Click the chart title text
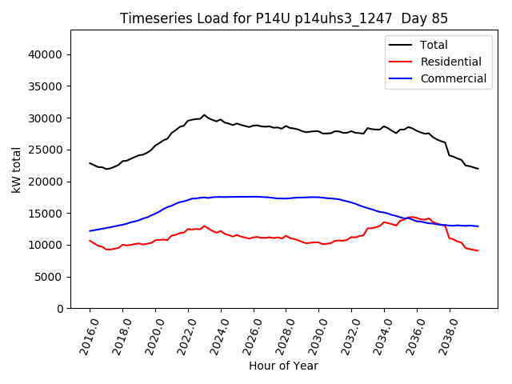tap(284, 18)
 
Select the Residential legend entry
tap(450, 62)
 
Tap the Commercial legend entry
tap(453, 78)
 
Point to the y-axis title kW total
tap(16, 170)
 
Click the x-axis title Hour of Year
tap(284, 366)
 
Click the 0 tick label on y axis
tap(61, 309)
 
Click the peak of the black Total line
tap(204, 115)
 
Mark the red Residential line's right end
tap(478, 251)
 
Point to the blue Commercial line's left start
tap(90, 231)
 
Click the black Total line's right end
tap(478, 169)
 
